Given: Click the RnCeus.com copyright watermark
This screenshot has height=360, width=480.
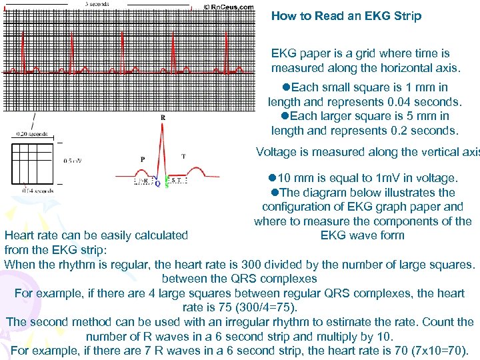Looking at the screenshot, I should (x=228, y=7).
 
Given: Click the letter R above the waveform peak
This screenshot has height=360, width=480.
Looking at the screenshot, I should (x=163, y=117).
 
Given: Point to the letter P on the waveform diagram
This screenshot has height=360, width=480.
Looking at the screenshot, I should (x=143, y=159).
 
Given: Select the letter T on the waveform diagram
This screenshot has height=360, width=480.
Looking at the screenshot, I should (x=183, y=157).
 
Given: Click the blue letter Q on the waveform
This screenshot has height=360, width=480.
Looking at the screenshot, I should (x=157, y=184).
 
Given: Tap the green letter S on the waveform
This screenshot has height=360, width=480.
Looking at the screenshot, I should (x=166, y=184).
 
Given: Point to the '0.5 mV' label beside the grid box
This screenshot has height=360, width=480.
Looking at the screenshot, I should (x=73, y=161).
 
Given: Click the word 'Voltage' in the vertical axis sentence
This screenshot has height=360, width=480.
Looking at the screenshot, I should (x=277, y=152).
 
